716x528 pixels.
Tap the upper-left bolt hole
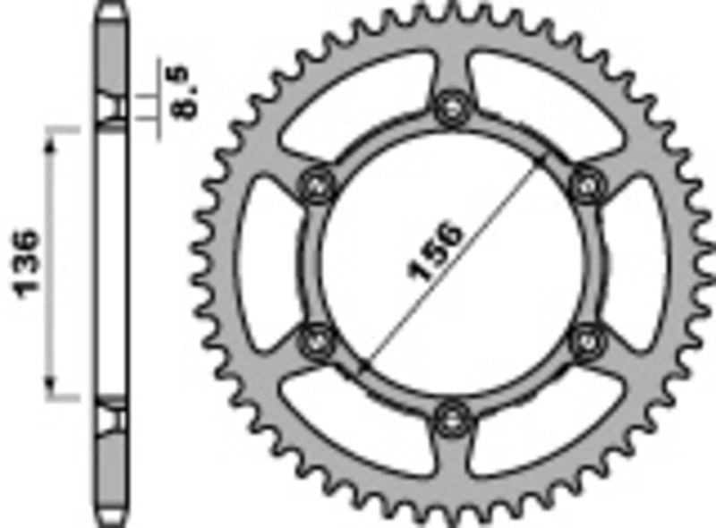(x=316, y=184)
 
